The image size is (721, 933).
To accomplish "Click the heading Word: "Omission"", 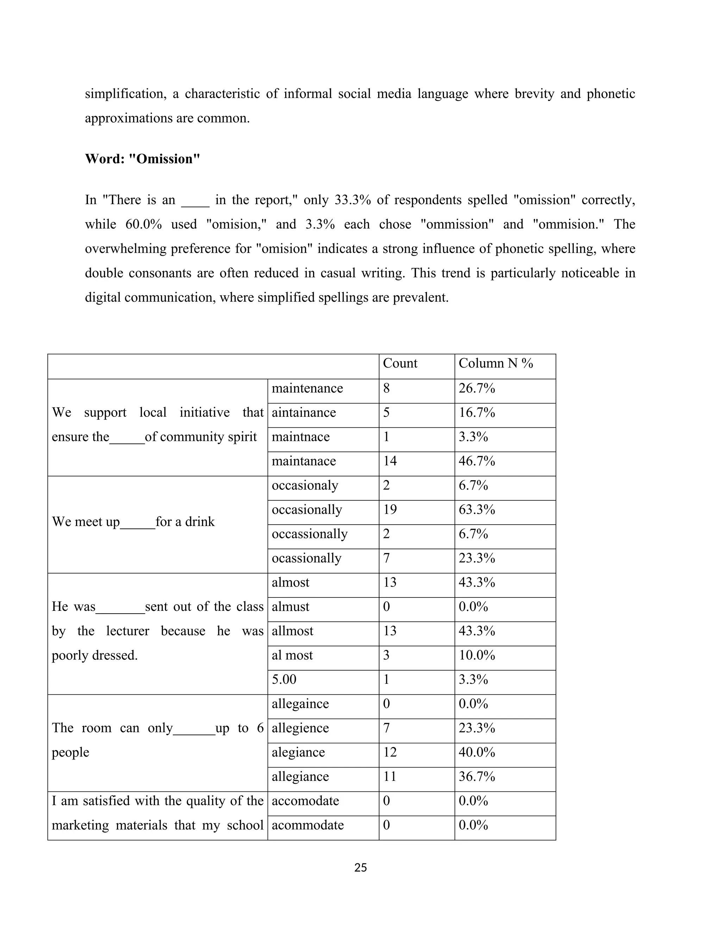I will pyautogui.click(x=142, y=159).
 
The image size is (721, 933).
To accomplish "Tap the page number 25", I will pyautogui.click(x=360, y=867).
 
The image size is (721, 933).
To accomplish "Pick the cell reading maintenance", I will pyautogui.click(x=307, y=388).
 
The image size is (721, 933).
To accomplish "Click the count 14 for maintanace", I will pyautogui.click(x=390, y=461).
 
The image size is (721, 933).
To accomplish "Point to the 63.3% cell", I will pyautogui.click(x=476, y=510).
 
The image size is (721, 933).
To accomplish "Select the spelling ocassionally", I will pyautogui.click(x=306, y=558).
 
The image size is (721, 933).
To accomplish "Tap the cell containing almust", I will pyautogui.click(x=290, y=607).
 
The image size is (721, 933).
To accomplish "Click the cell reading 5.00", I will pyautogui.click(x=284, y=679).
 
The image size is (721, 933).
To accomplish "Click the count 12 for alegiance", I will pyautogui.click(x=390, y=752).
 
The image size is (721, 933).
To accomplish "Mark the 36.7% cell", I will pyautogui.click(x=476, y=776).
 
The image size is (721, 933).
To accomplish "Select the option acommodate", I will pyautogui.click(x=308, y=825).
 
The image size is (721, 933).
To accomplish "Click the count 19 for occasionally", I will pyautogui.click(x=390, y=510).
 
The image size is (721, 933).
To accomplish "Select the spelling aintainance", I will pyautogui.click(x=304, y=413).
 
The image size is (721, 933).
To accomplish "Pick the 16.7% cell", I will pyautogui.click(x=476, y=413).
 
